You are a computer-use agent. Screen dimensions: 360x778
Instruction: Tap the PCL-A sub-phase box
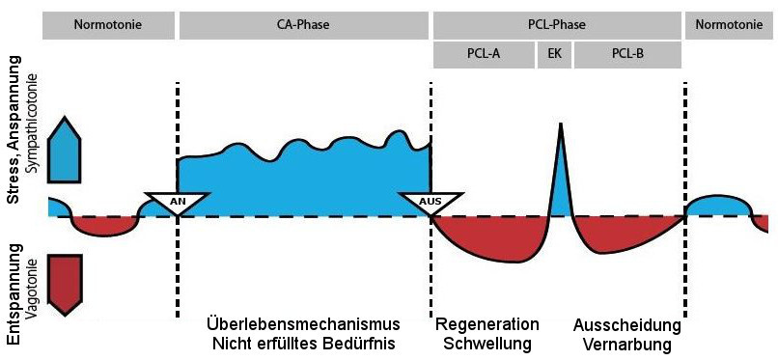(482, 54)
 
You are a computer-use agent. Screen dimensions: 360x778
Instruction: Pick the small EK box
(554, 54)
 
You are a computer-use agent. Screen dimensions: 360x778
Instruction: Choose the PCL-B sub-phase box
(627, 54)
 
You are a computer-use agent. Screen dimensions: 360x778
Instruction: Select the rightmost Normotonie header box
(731, 23)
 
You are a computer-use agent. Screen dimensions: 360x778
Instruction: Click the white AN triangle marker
(178, 203)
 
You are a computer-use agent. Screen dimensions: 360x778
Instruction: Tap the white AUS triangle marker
(430, 203)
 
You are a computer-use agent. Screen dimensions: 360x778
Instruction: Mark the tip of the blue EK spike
(560, 125)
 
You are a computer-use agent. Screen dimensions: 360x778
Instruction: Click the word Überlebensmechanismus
(303, 322)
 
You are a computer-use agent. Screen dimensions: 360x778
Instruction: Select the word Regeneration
(487, 323)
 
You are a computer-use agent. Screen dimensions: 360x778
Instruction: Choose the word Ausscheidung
(628, 323)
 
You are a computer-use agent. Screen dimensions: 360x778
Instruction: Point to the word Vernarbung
(628, 344)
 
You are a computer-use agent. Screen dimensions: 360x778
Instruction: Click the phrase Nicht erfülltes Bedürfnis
(303, 344)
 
